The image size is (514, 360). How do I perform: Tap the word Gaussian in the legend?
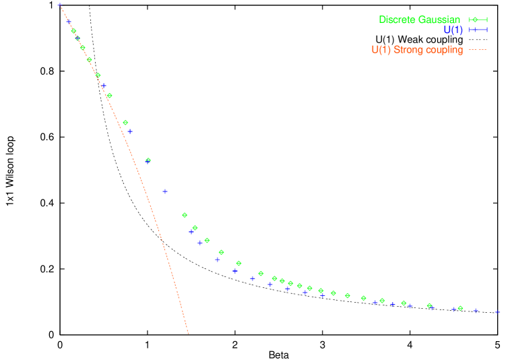pos(439,20)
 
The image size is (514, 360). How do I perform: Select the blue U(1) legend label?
pos(453,30)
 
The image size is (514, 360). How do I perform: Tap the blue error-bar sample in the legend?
pos(478,30)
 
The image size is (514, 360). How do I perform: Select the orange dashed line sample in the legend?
pos(478,50)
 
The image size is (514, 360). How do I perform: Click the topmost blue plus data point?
pos(59,4)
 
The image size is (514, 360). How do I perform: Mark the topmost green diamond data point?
pos(73,31)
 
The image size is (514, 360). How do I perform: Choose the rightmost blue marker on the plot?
pos(497,312)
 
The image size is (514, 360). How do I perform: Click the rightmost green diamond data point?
pos(460,308)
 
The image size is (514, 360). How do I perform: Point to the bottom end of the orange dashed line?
pos(189,334)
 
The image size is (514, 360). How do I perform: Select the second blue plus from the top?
pos(69,22)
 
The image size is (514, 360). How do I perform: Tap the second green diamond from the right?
pos(429,305)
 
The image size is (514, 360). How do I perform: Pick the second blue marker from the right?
pos(476,311)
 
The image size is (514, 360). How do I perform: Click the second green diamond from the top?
pos(77,38)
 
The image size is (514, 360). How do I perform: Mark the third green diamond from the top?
pos(83,47)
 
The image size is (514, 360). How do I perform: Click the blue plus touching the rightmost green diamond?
pos(454,309)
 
